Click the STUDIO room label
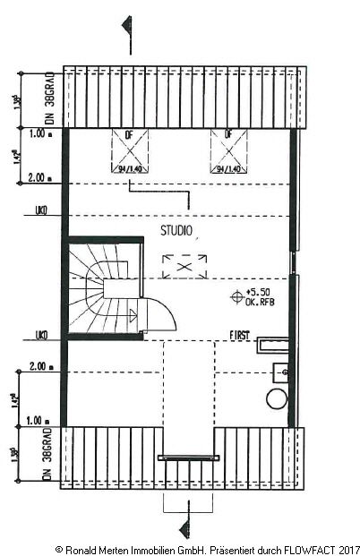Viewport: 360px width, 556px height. coord(176,230)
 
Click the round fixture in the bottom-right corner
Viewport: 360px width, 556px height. coord(276,398)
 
